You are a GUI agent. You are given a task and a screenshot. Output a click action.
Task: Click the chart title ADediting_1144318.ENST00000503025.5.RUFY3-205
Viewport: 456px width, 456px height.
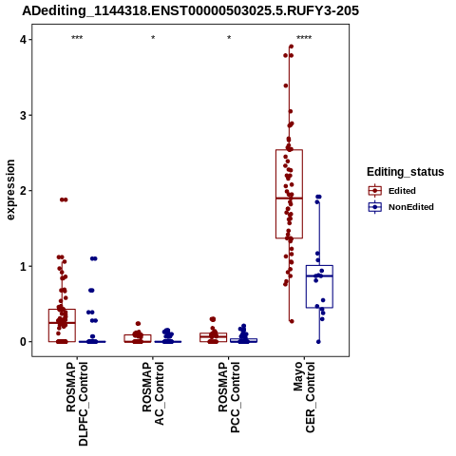coord(190,11)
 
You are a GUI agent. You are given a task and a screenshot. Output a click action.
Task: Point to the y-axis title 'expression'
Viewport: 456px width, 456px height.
coord(10,190)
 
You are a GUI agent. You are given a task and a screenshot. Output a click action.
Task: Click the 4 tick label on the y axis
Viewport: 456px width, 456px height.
coord(23,40)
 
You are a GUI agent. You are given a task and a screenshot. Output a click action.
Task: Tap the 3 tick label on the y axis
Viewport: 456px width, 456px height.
coord(23,115)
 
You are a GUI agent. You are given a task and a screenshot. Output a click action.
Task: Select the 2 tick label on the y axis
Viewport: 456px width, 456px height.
coord(23,191)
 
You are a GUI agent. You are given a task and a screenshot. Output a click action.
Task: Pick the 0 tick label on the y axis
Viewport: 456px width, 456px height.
coord(23,342)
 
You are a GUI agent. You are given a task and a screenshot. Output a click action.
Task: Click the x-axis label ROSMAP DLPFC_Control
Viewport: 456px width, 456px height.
coord(77,404)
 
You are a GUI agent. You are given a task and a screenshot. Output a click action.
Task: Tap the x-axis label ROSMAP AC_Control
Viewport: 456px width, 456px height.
coord(153,393)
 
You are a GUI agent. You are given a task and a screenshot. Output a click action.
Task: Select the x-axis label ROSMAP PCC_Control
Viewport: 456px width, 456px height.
coord(229,397)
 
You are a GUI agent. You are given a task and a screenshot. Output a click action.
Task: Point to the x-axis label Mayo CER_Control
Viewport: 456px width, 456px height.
coord(304,397)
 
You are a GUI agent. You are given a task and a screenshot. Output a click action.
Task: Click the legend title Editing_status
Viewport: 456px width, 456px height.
coord(406,172)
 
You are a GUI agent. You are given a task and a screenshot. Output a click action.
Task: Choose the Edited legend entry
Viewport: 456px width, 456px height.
coord(391,191)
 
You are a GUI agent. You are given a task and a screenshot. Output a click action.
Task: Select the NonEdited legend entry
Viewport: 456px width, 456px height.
coord(401,207)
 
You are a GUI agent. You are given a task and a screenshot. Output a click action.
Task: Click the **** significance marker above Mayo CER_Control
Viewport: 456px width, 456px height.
coord(304,38)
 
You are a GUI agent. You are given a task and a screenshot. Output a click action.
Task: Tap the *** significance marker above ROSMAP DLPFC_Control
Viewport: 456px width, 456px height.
coord(77,38)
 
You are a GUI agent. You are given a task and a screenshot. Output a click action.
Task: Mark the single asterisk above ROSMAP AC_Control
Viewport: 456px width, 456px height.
coord(153,37)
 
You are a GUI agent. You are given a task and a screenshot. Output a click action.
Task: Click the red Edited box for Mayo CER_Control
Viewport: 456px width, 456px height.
coord(275,194)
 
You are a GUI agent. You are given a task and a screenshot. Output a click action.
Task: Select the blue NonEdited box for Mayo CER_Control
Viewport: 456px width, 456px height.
coord(306,287)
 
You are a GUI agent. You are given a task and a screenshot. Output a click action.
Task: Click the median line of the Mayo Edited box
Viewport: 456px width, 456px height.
coord(289,199)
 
